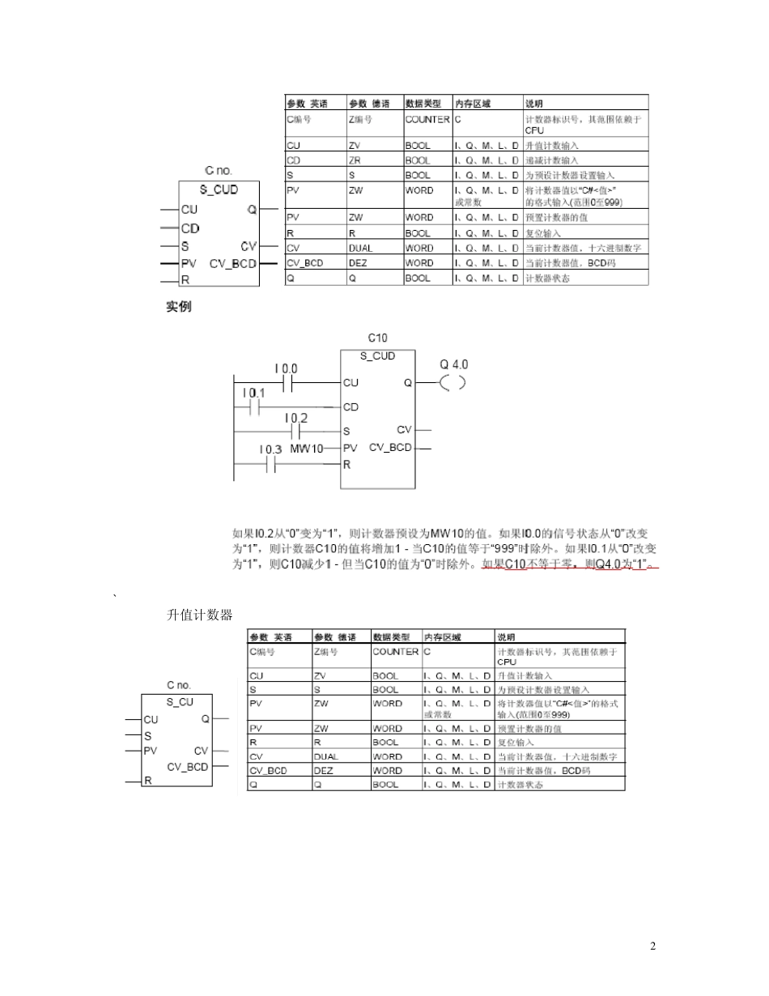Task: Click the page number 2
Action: coord(653,947)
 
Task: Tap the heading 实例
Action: coord(178,308)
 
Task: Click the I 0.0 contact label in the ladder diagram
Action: coord(286,368)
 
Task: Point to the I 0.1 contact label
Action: coord(253,394)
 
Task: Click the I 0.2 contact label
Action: coord(296,418)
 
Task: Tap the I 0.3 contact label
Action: coord(270,449)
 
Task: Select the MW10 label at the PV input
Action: coord(306,449)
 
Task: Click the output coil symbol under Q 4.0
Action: coord(452,382)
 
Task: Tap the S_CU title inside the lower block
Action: coord(180,702)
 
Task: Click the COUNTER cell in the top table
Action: coord(427,119)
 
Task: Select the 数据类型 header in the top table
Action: coord(423,104)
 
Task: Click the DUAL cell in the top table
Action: coord(360,248)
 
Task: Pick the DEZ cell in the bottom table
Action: coord(323,771)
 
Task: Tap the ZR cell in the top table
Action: coord(354,160)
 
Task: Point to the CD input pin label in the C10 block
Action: coord(351,406)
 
